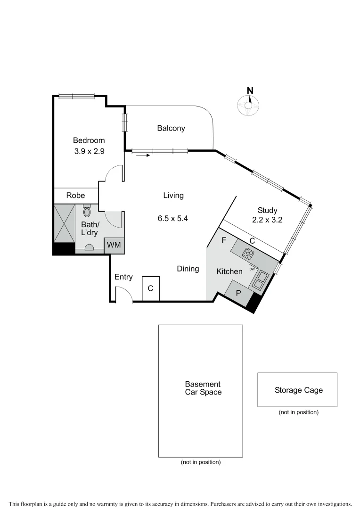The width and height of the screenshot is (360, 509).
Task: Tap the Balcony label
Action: coord(171,128)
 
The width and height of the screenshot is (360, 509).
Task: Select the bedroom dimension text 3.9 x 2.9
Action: coord(89,152)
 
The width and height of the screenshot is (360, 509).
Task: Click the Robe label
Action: coord(75,196)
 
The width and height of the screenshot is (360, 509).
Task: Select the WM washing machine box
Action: coord(114,245)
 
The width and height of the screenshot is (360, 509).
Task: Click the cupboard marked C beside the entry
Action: coord(151,288)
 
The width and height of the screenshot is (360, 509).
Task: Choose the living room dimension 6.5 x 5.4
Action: coord(173,219)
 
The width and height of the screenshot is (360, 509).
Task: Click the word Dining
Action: coord(188,269)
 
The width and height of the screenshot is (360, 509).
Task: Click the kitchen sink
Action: coord(259,282)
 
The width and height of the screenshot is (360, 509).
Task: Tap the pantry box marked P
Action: coord(238,292)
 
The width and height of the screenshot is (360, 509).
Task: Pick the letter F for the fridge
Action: coord(224,240)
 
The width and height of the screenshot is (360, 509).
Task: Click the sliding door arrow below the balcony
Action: coord(143,155)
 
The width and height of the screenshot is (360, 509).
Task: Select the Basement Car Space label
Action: coord(203,388)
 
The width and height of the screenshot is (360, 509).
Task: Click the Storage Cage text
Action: coord(298,390)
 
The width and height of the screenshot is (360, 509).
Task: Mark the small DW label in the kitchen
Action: coord(252,269)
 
